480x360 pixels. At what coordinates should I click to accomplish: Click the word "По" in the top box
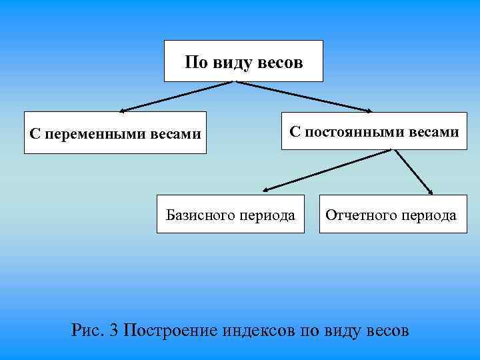click(x=195, y=63)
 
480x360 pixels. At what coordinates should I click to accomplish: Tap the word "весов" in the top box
click(x=279, y=63)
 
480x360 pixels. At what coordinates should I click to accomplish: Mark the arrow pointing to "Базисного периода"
click(x=327, y=171)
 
